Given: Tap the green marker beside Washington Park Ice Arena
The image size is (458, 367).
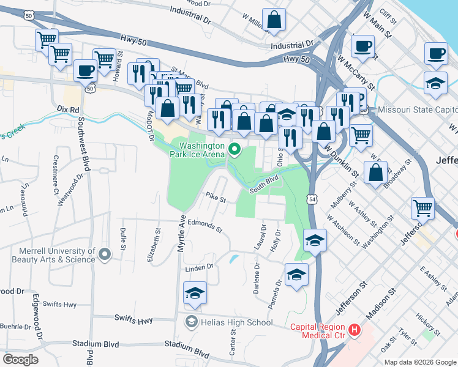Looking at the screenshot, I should pyautogui.click(x=234, y=149).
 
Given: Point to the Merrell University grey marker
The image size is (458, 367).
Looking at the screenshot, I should pyautogui.click(x=105, y=253).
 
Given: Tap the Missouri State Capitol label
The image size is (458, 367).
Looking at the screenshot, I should pyautogui.click(x=418, y=109).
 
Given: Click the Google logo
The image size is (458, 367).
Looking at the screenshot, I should pyautogui.click(x=20, y=360).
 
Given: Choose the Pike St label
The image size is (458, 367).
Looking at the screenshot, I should pyautogui.click(x=216, y=198).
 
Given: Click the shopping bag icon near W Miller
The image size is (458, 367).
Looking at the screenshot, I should pyautogui.click(x=274, y=20).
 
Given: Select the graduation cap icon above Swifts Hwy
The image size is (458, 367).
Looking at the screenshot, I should pyautogui.click(x=195, y=293).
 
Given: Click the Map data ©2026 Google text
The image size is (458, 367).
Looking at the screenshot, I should pyautogui.click(x=419, y=361).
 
